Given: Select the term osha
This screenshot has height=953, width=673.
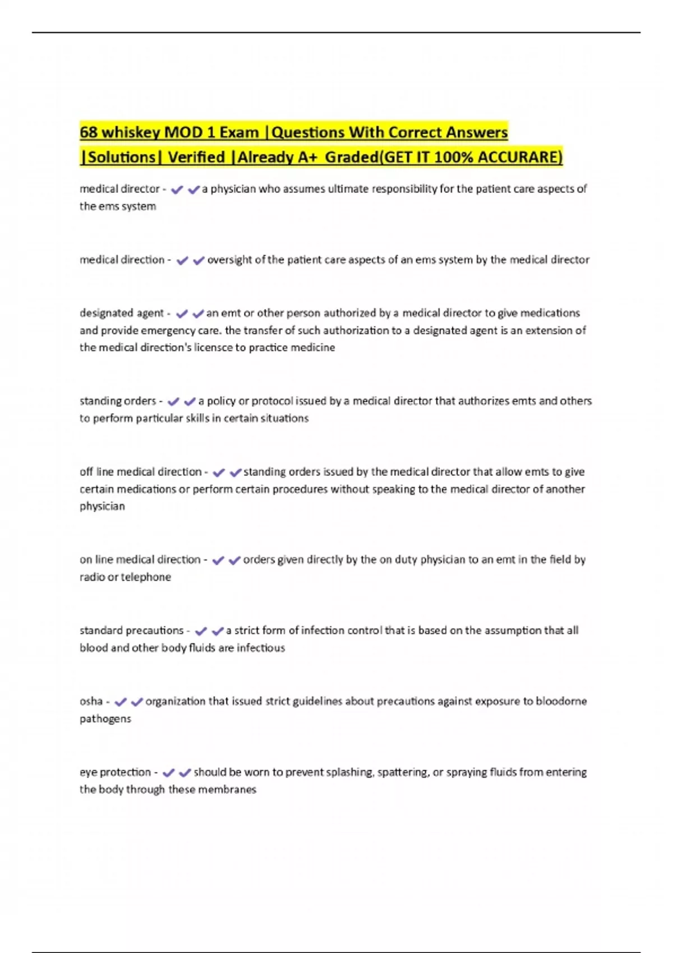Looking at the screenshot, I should tap(91, 701).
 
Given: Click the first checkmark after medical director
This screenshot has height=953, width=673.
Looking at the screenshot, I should tap(177, 190).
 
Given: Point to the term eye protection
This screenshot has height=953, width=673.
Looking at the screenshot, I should tap(115, 772).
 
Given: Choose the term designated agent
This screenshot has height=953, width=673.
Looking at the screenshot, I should tap(121, 313).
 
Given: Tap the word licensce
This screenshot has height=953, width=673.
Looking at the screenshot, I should tap(214, 348).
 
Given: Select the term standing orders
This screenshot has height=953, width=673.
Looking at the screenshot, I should tap(118, 401).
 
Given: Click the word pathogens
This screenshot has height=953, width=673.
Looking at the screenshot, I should tap(105, 719).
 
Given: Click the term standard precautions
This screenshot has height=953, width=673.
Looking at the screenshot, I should tap(131, 631).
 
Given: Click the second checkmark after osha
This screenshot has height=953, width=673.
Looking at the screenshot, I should tap(137, 702).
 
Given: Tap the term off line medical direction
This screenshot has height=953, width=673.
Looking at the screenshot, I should tap(140, 471).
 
